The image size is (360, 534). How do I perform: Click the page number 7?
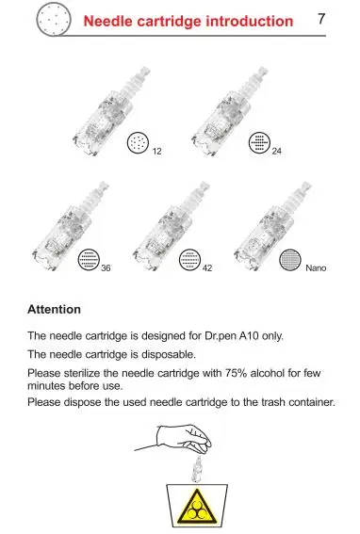tap(321, 19)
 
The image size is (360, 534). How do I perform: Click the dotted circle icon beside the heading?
tap(54, 20)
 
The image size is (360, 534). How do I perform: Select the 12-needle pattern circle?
tap(139, 143)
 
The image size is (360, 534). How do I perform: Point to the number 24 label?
tap(276, 151)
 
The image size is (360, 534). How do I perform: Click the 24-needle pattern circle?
tap(259, 143)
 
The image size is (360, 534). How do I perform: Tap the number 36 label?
tap(106, 268)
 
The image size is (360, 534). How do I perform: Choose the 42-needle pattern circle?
tap(189, 260)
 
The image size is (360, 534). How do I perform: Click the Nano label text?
tap(316, 268)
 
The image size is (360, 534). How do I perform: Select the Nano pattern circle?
tap(290, 260)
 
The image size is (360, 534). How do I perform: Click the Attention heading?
tap(55, 309)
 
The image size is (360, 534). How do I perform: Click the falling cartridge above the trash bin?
tap(197, 469)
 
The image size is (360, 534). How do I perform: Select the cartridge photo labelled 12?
tap(111, 111)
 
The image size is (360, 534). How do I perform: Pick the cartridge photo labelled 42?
tap(171, 226)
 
